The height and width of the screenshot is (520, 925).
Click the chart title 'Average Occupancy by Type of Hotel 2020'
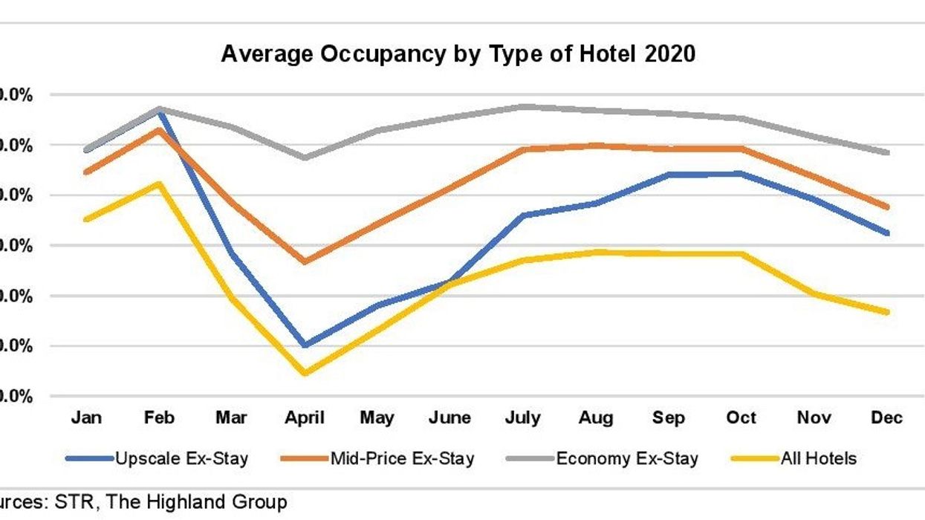(458, 54)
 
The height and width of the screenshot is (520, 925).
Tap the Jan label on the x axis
(86, 417)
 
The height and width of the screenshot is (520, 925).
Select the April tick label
(305, 417)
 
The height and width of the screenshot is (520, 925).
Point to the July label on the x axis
(523, 417)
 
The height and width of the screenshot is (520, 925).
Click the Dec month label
(887, 417)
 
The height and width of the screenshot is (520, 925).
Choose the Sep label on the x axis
(669, 417)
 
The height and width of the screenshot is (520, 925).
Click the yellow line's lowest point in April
(305, 373)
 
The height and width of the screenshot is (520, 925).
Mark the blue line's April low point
(305, 345)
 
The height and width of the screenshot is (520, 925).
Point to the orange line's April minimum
(305, 261)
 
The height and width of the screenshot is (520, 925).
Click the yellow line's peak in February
(159, 183)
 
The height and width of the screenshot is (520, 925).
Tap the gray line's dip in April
(305, 157)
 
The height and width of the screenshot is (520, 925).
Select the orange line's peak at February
(159, 130)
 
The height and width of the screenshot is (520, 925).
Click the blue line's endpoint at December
(887, 233)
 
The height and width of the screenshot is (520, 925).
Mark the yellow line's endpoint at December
(887, 312)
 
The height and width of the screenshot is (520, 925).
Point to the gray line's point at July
(523, 107)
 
